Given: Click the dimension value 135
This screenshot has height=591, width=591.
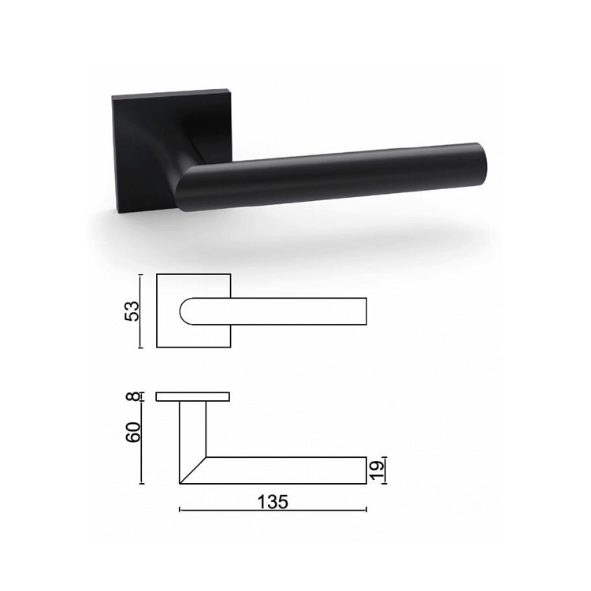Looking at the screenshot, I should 273,500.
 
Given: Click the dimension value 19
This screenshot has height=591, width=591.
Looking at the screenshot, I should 378,471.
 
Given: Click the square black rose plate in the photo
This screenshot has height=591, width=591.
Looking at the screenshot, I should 138,150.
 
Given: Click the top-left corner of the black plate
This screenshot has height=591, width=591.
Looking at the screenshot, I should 113,98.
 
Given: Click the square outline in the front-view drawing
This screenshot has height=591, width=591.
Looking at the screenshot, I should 169,335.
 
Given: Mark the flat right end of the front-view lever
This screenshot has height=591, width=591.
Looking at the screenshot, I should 366,311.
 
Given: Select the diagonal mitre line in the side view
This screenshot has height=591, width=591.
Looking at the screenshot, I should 193,470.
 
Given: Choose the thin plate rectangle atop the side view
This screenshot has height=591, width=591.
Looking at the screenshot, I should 193,396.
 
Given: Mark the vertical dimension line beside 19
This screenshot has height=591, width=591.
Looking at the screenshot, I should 387,470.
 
